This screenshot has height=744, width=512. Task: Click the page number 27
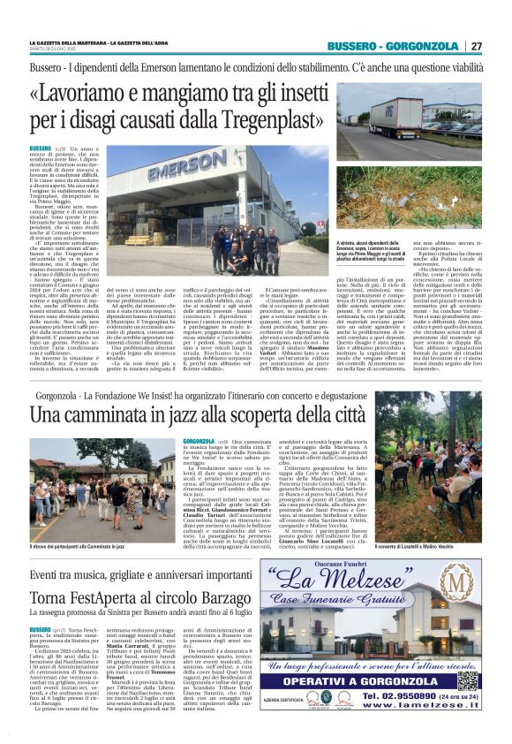pos(477,46)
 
